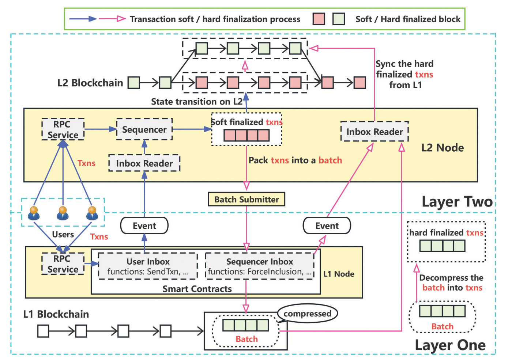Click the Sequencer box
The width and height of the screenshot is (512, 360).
144,129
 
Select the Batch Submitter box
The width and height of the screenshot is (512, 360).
246,199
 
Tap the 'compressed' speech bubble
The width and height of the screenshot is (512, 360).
307,314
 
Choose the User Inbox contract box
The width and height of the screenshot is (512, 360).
148,266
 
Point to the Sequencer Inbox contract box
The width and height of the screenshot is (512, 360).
259,266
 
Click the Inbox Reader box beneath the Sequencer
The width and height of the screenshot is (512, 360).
144,163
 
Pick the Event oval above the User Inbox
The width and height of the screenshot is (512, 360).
144,226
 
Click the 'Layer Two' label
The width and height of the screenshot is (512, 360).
457,201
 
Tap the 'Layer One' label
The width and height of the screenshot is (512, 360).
450,345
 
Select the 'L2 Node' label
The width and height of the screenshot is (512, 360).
442,148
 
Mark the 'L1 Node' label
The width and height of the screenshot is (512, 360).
339,274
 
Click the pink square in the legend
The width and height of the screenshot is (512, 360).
319,19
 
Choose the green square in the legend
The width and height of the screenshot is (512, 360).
339,19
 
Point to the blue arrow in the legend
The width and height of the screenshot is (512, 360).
83,19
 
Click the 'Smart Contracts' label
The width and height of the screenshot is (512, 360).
197,289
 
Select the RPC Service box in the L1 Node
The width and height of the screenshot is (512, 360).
63,264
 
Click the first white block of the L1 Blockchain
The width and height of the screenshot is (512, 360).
43,331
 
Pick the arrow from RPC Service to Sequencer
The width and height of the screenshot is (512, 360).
100,129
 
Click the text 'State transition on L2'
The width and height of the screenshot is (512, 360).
197,102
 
